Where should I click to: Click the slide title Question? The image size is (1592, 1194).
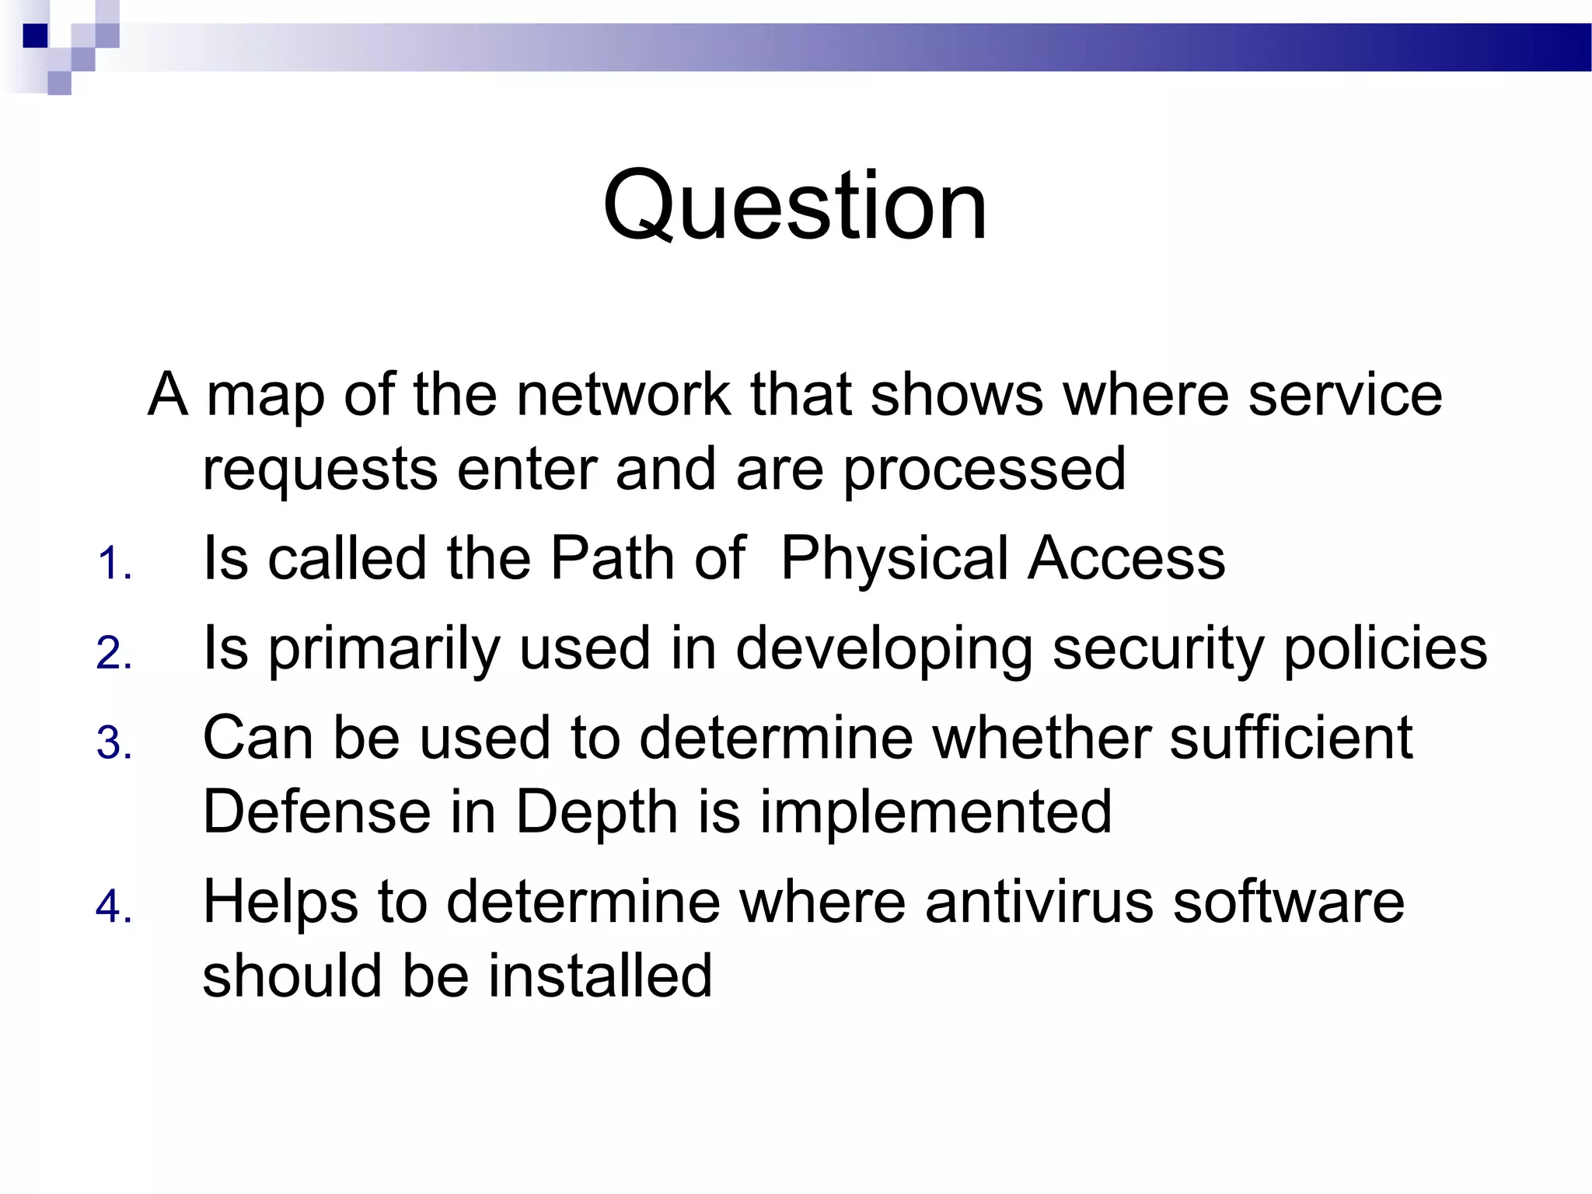point(794,206)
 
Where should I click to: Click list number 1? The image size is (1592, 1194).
point(114,564)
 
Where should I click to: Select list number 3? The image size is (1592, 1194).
point(114,743)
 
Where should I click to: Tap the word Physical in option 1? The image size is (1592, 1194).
point(894,558)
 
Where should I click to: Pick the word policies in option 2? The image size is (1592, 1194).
point(1384,648)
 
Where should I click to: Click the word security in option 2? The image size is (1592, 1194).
point(1158,648)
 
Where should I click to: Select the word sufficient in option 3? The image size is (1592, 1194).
point(1290,737)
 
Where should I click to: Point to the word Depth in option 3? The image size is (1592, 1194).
point(597,812)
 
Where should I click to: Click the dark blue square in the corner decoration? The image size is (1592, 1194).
point(35,36)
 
